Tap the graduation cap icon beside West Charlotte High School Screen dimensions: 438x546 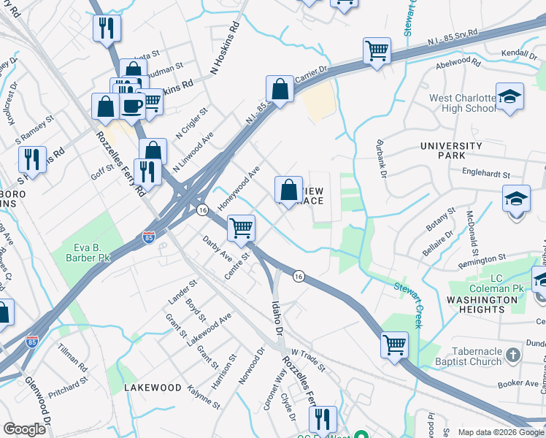(510, 96)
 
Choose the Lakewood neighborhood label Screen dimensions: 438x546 (151, 387)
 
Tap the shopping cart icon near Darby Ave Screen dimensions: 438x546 (241, 227)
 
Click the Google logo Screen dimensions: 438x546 (26, 429)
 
